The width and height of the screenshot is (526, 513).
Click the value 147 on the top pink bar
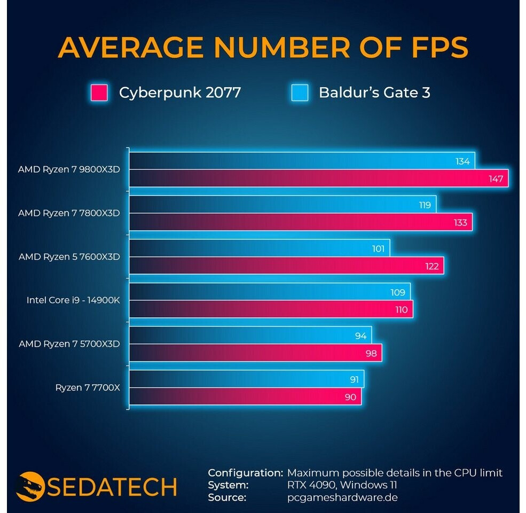click(496, 178)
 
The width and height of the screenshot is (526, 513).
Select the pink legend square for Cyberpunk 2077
click(99, 92)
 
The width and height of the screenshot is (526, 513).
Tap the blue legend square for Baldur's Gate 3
click(300, 92)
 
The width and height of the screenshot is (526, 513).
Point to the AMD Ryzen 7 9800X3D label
click(69, 169)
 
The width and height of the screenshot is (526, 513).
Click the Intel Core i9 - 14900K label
click(73, 300)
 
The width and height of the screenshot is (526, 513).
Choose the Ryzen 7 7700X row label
click(88, 387)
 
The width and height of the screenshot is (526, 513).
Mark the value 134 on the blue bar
click(462, 161)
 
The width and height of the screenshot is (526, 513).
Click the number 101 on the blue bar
click(378, 248)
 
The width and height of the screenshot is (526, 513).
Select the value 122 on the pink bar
click(432, 266)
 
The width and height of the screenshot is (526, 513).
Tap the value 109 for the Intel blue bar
click(398, 292)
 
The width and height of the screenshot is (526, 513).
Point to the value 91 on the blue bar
click(354, 379)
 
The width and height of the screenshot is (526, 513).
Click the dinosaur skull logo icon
click(30, 486)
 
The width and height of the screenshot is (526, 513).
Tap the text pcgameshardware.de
click(342, 498)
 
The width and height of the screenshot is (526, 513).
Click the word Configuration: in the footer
click(245, 473)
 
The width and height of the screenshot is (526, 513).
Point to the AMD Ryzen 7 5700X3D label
click(69, 344)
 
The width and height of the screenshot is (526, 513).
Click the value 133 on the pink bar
click(460, 222)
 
